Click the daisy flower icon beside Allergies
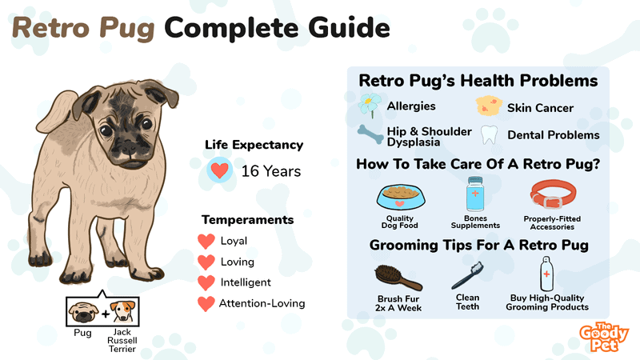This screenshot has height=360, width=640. click(x=370, y=104)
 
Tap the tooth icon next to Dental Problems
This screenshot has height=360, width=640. click(x=489, y=134)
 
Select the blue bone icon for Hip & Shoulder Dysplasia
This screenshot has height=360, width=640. click(x=370, y=134)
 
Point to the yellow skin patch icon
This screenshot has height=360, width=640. click(x=489, y=106)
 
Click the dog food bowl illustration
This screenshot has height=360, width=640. click(x=401, y=197)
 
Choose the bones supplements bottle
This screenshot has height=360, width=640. click(x=475, y=194)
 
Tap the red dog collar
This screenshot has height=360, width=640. click(x=554, y=194)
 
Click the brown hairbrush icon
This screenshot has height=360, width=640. click(x=398, y=277)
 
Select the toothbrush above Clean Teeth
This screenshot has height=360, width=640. click(x=468, y=275)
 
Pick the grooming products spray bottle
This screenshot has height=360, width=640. click(x=546, y=274)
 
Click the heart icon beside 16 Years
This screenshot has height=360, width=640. click(x=219, y=170)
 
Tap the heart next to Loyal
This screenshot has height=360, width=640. click(x=206, y=242)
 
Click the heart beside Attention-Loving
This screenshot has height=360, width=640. click(x=206, y=304)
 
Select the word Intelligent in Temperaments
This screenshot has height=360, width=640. click(x=246, y=282)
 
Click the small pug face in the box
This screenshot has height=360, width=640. click(x=83, y=313)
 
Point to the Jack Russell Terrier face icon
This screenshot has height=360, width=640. click(x=123, y=312)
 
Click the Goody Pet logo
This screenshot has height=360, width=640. click(x=604, y=337)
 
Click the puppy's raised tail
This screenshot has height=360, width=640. click(x=56, y=112)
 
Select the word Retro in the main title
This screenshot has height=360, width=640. click(x=50, y=28)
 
